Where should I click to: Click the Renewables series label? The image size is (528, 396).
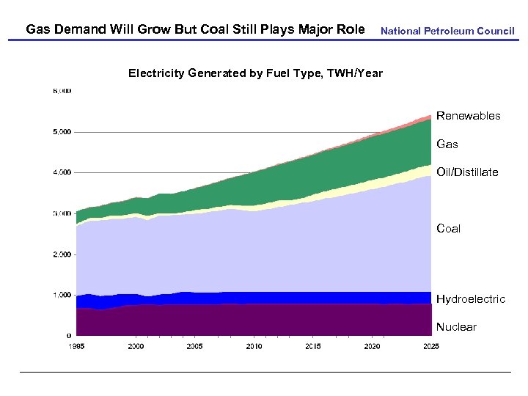[x=468, y=116]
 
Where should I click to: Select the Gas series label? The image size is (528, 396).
[x=447, y=144]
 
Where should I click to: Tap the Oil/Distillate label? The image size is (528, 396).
[x=467, y=172]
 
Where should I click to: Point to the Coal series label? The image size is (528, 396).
[x=448, y=229]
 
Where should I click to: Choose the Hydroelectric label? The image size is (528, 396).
[x=471, y=299]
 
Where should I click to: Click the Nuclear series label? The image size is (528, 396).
[x=456, y=327]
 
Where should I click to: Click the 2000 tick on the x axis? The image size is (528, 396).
[x=136, y=345]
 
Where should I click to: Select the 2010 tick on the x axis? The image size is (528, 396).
[x=254, y=345]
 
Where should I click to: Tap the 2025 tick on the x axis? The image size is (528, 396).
[x=430, y=345]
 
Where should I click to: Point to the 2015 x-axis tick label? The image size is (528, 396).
[x=313, y=345]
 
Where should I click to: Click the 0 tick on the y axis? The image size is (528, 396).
[x=69, y=336]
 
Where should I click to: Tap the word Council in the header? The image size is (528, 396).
[x=496, y=32]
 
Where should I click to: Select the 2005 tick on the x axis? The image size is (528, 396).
[x=194, y=345]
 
